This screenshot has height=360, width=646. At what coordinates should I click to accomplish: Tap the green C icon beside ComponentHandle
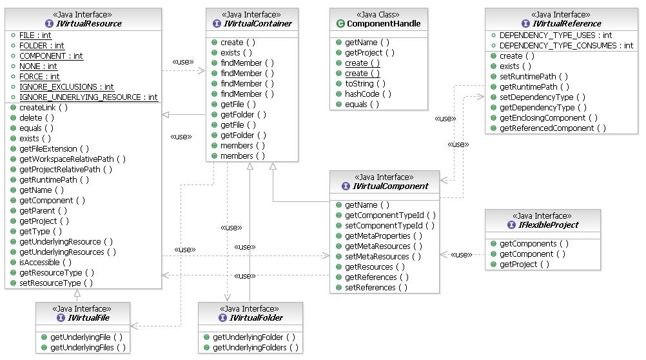pyautogui.click(x=340, y=24)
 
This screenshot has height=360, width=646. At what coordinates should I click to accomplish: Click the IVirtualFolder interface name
pyautogui.click(x=255, y=318)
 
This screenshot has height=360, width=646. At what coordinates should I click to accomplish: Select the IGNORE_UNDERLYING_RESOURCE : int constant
pyautogui.click(x=88, y=97)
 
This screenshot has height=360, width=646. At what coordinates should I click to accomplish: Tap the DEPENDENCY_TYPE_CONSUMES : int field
pyautogui.click(x=566, y=45)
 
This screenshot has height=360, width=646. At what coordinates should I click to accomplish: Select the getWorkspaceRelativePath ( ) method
pyautogui.click(x=72, y=159)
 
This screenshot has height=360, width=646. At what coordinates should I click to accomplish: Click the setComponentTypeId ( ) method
pyautogui.click(x=389, y=226)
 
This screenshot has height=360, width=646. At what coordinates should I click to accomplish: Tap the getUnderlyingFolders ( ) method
pyautogui.click(x=255, y=347)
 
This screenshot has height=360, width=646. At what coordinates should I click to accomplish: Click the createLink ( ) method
pyautogui.click(x=43, y=107)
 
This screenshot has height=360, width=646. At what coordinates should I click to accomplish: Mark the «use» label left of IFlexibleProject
pyautogui.click(x=460, y=255)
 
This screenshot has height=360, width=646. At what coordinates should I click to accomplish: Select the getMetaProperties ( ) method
pyautogui.click(x=384, y=236)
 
